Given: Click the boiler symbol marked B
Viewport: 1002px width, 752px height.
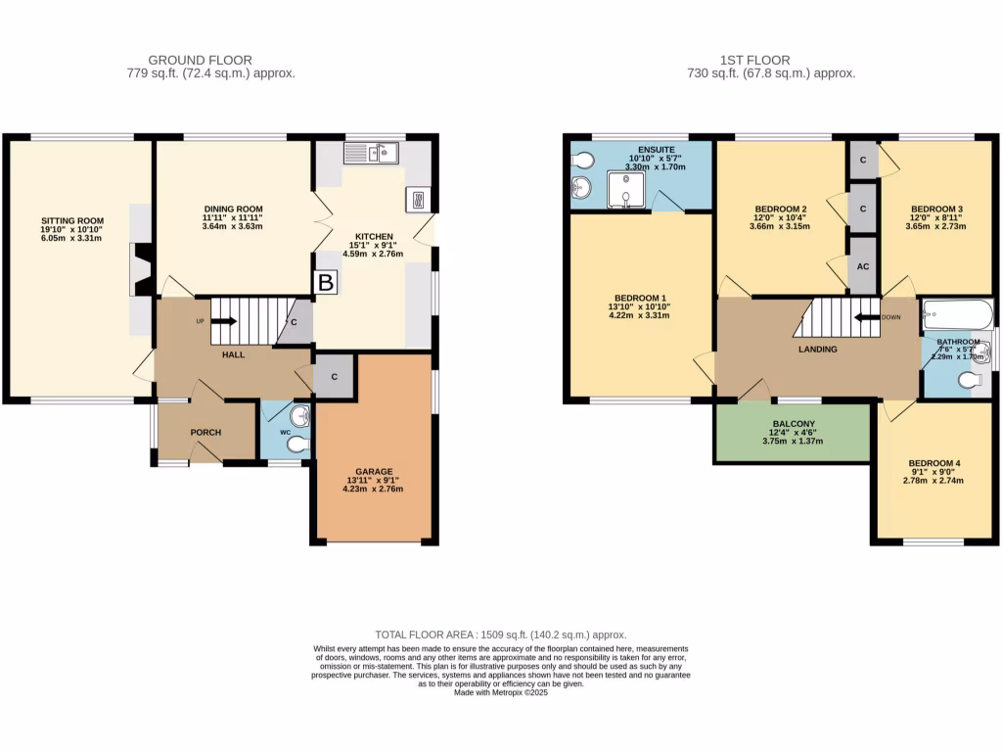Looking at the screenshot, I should (324, 282).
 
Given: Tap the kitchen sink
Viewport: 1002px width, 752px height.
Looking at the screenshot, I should (372, 152).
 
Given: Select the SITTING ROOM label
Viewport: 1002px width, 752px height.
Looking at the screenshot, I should (72, 220).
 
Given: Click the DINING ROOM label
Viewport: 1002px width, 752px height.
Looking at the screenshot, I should (234, 209).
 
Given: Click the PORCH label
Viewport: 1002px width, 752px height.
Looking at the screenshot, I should (205, 433).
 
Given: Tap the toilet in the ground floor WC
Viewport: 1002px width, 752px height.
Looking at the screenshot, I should (297, 445).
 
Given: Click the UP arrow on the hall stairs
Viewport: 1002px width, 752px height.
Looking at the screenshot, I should (221, 320).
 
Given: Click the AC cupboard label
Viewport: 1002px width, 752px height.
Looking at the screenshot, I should (862, 265).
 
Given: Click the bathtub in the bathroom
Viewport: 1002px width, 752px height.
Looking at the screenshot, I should (957, 315).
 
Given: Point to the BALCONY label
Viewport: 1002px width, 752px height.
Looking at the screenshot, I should (794, 424).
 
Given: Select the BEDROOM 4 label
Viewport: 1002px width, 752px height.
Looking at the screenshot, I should (934, 463).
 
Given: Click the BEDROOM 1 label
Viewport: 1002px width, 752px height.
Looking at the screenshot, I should (641, 298).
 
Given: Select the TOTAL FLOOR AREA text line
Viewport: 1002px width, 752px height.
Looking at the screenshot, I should (501, 634).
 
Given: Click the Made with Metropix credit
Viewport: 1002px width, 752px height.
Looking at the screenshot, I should (501, 693).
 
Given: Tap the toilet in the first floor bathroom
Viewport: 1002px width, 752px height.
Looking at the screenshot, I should (973, 380).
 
